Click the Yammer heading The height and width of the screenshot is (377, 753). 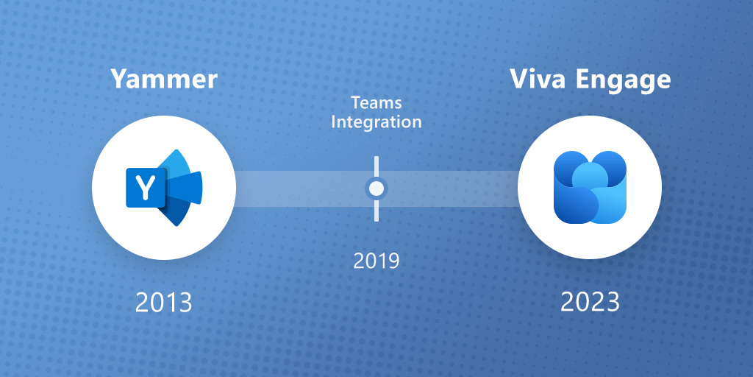[x=164, y=80]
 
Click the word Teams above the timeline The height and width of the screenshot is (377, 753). [x=376, y=102]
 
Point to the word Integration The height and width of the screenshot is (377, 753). [x=376, y=121]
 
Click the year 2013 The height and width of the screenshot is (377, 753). [x=163, y=302]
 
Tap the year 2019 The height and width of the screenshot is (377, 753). [x=376, y=261]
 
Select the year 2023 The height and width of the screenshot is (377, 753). [x=590, y=302]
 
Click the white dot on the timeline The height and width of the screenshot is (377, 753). [x=376, y=189]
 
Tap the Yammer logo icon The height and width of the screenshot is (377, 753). [x=164, y=188]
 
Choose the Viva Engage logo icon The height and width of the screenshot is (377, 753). [x=590, y=188]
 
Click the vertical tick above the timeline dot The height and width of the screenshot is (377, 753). [x=376, y=165]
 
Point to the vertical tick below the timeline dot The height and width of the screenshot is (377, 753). [x=376, y=211]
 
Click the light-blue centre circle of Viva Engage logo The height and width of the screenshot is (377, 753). [x=589, y=177]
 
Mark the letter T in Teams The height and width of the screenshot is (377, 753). [x=355, y=102]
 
